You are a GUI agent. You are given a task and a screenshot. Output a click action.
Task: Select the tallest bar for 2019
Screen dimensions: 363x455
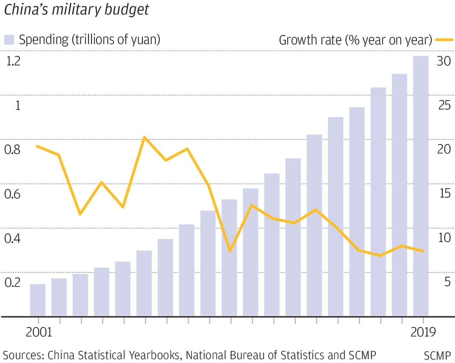(x=421, y=186)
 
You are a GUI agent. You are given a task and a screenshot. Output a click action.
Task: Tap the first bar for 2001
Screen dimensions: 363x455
(x=38, y=300)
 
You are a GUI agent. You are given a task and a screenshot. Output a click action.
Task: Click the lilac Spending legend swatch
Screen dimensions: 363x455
(x=9, y=40)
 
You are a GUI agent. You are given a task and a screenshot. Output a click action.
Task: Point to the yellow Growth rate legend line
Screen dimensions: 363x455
(x=444, y=40)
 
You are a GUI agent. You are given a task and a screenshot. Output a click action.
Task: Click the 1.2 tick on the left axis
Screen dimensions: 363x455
(x=14, y=62)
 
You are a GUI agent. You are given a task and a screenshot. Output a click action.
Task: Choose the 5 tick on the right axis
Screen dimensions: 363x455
(x=447, y=282)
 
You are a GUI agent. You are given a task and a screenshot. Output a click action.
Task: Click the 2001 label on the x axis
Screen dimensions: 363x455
(x=38, y=332)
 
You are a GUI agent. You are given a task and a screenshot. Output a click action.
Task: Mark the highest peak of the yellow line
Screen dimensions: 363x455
(x=145, y=138)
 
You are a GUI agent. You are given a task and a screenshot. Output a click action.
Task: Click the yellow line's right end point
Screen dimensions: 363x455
(x=423, y=251)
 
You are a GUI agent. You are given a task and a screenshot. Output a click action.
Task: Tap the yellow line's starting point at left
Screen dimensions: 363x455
(x=38, y=146)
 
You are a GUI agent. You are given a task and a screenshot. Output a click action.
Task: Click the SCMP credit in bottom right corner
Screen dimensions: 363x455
(x=437, y=355)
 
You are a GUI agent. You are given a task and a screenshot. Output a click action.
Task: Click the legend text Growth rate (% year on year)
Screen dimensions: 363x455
(x=355, y=40)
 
